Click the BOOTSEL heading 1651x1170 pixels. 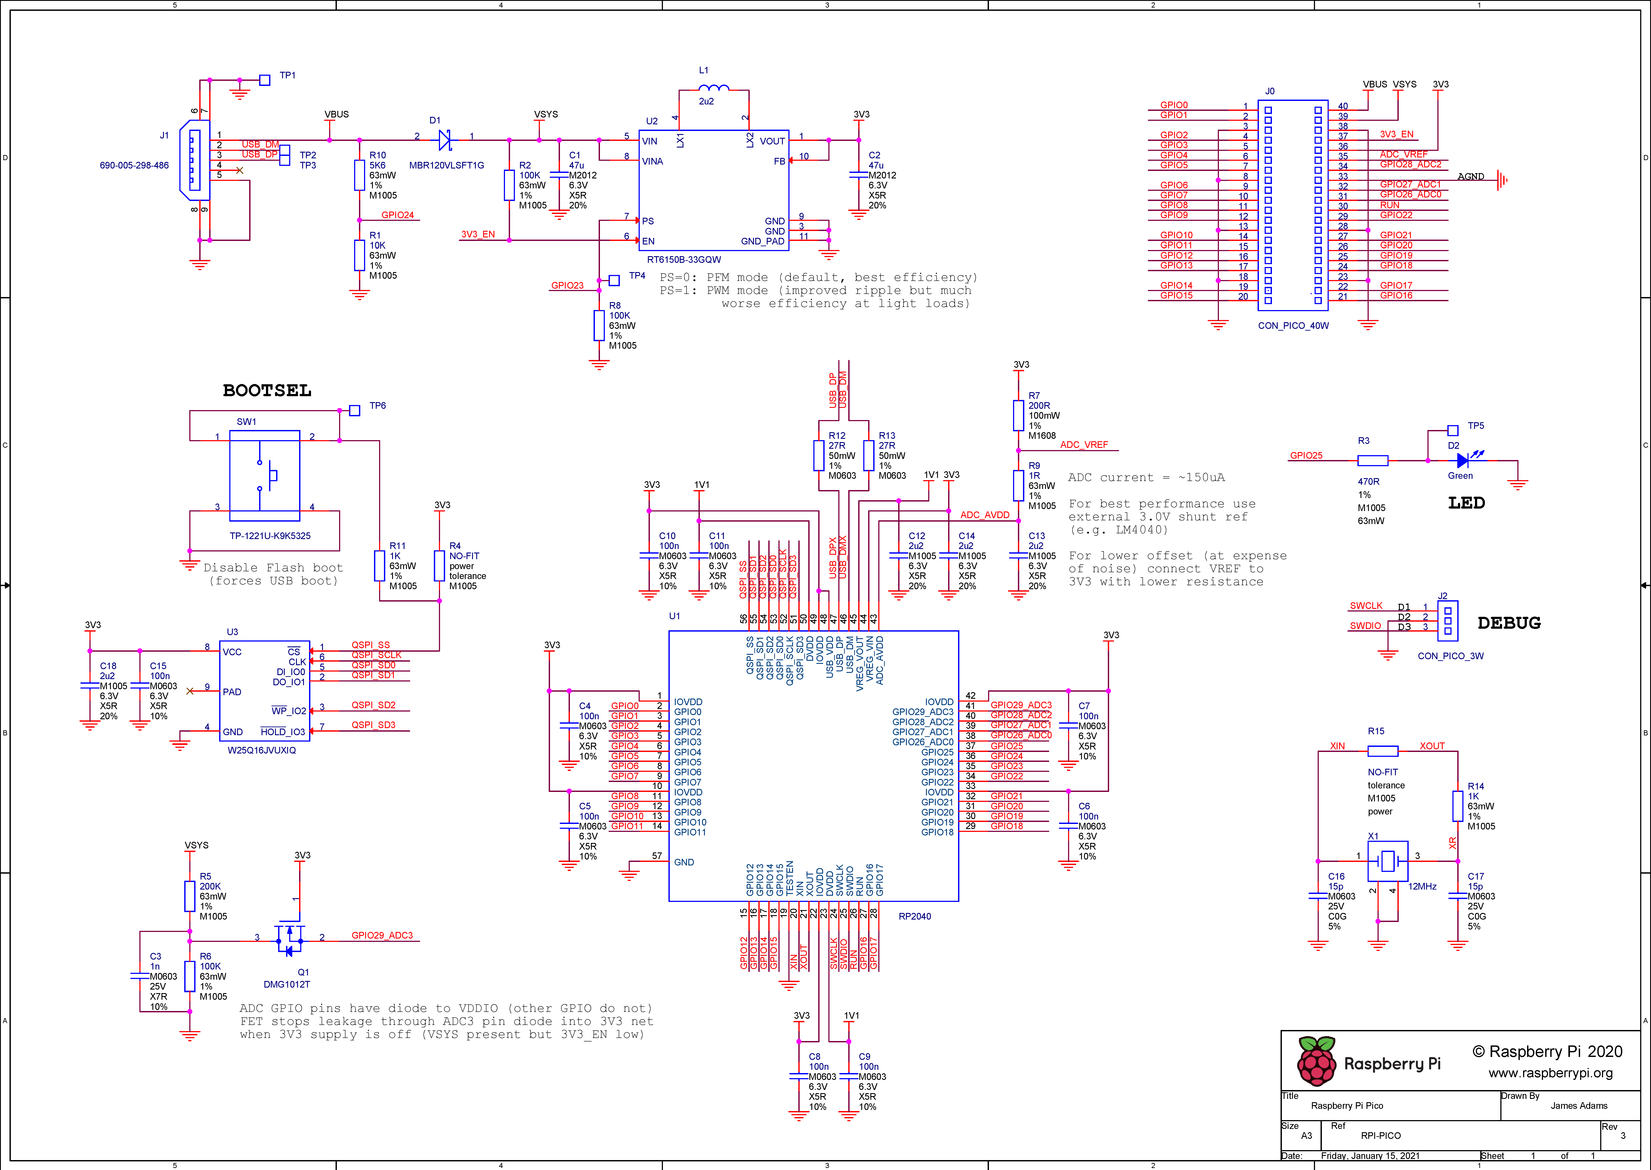pyautogui.click(x=267, y=390)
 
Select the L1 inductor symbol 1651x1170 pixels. pyautogui.click(x=714, y=88)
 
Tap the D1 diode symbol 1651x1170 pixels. pyautogui.click(x=445, y=140)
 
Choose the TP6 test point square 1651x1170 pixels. pyautogui.click(x=355, y=411)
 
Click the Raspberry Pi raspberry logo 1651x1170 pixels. pyautogui.click(x=1317, y=1061)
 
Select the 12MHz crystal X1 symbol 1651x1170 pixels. pyautogui.click(x=1387, y=861)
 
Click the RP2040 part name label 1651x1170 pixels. pyautogui.click(x=915, y=916)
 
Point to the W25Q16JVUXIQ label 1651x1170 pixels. pyautogui.click(x=262, y=750)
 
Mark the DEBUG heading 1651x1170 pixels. pyautogui.click(x=1509, y=623)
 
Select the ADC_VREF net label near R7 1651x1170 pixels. pyautogui.click(x=1084, y=445)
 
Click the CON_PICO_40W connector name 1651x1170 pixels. pyautogui.click(x=1294, y=326)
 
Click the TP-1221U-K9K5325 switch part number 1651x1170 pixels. pyautogui.click(x=270, y=536)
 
